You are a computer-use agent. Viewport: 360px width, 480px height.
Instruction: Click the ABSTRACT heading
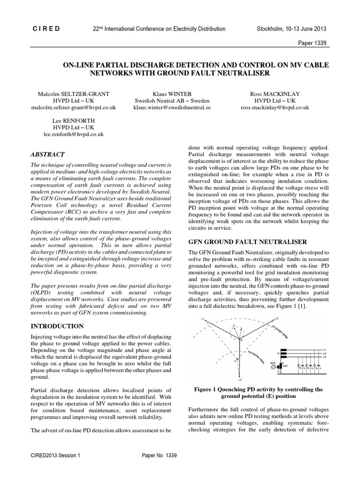pyautogui.click(x=47, y=154)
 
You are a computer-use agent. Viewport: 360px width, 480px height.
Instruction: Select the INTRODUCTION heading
pyautogui.click(x=57, y=326)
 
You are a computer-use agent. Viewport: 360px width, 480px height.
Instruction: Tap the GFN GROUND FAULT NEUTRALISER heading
pyautogui.click(x=247, y=242)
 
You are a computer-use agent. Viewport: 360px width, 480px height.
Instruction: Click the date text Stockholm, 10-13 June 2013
pyautogui.click(x=292, y=29)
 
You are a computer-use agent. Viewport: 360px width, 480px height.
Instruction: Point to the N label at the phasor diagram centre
pyautogui.click(x=241, y=341)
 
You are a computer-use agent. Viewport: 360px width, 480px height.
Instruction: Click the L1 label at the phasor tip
pyautogui.click(x=203, y=319)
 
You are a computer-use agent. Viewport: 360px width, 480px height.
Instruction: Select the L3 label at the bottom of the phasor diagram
pyautogui.click(x=240, y=380)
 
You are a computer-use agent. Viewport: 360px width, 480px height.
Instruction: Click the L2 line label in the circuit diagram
pyautogui.click(x=325, y=353)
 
